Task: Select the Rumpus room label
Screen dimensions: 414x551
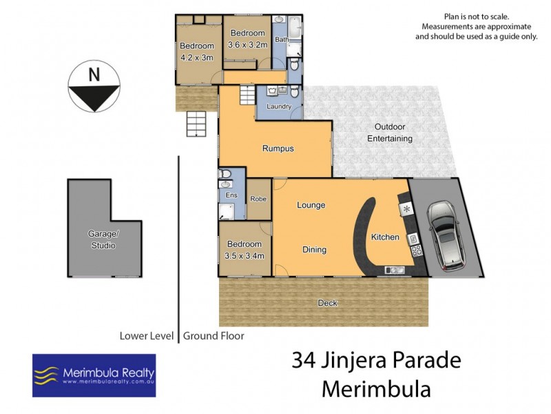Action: pyautogui.click(x=278, y=148)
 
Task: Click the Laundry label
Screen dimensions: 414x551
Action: pyautogui.click(x=278, y=107)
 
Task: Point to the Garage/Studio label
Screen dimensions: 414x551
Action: pyautogui.click(x=102, y=240)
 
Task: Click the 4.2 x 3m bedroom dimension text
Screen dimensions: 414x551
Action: pyautogui.click(x=196, y=58)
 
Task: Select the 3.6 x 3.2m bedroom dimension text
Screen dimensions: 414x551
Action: pyautogui.click(x=247, y=45)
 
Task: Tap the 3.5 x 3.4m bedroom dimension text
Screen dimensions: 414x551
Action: pyautogui.click(x=245, y=256)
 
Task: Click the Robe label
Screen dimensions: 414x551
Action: pyautogui.click(x=258, y=199)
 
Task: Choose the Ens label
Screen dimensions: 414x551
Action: pyautogui.click(x=231, y=196)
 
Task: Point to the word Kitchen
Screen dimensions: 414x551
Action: pyautogui.click(x=385, y=237)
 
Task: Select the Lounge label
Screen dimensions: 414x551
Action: pyautogui.click(x=311, y=205)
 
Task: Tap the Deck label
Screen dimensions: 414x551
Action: pyautogui.click(x=327, y=303)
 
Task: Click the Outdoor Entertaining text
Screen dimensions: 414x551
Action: pyautogui.click(x=393, y=132)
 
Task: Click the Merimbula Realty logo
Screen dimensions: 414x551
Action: pyautogui.click(x=94, y=375)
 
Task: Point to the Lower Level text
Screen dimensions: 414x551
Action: pyautogui.click(x=147, y=337)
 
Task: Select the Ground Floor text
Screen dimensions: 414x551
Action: pyautogui.click(x=214, y=337)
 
